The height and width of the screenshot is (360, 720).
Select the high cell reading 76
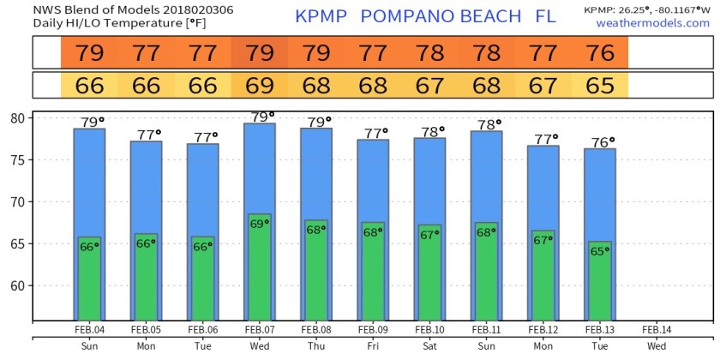pyautogui.click(x=600, y=53)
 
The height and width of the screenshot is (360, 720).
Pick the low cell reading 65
pyautogui.click(x=600, y=86)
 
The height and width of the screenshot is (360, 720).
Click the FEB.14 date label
pyautogui.click(x=657, y=329)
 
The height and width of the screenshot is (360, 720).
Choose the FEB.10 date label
pyautogui.click(x=429, y=329)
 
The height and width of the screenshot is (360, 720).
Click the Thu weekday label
pyautogui.click(x=316, y=346)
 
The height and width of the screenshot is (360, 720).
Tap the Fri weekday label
pyautogui.click(x=373, y=346)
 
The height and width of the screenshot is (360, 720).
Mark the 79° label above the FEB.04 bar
pyautogui.click(x=92, y=122)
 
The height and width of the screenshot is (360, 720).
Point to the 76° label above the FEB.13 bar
pyautogui.click(x=603, y=142)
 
